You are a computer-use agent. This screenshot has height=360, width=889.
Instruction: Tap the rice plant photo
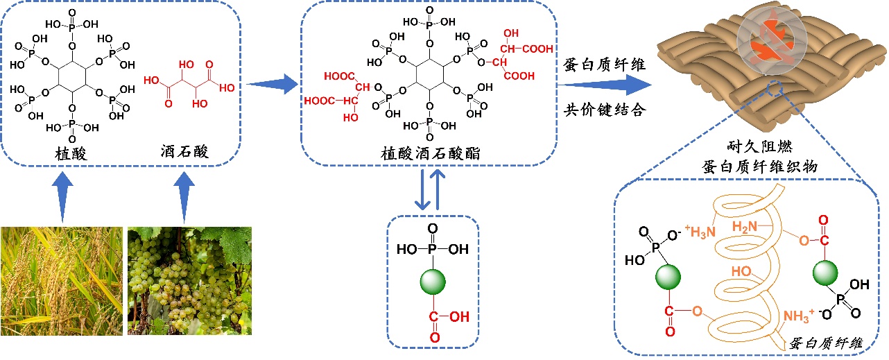pyautogui.click(x=61, y=280)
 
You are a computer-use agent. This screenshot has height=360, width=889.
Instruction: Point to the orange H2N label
pyautogui.click(x=748, y=226)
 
